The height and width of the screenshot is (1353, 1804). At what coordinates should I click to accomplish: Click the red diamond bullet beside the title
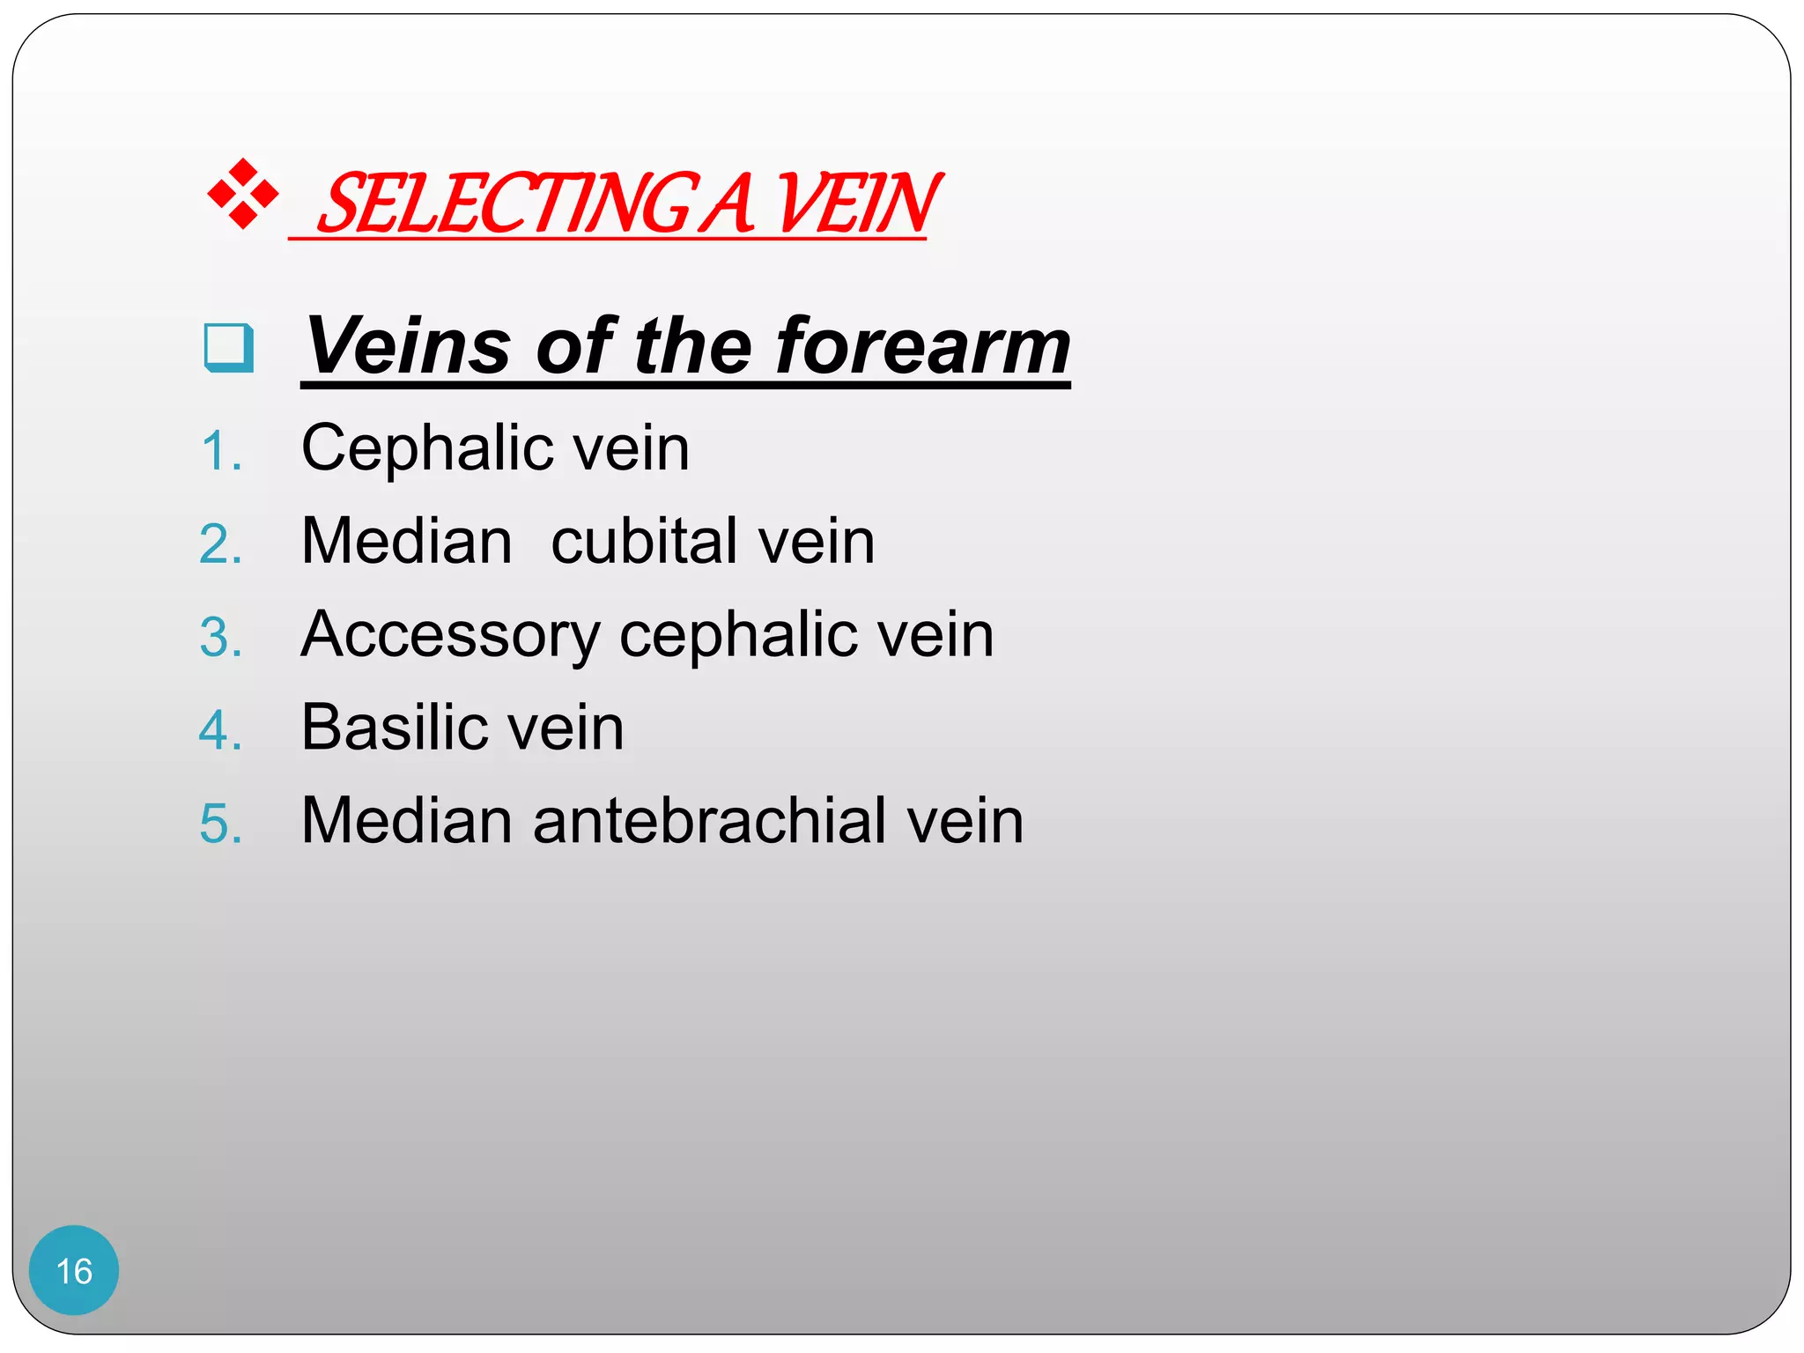(242, 194)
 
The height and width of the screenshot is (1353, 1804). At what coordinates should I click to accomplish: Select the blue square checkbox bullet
(229, 348)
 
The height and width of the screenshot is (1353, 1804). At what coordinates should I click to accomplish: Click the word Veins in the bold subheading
(408, 345)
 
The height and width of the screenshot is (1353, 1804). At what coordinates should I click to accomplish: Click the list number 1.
(220, 452)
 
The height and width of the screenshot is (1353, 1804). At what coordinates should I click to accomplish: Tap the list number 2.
(220, 544)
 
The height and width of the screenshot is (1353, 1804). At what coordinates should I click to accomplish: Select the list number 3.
(220, 638)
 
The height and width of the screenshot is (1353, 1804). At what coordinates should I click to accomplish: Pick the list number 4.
(220, 731)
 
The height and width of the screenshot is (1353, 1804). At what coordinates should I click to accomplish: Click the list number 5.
(220, 824)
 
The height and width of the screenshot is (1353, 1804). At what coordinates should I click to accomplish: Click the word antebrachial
(710, 821)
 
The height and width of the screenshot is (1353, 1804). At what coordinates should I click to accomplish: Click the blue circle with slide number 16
(74, 1270)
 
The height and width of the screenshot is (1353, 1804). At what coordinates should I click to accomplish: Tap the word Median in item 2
(406, 541)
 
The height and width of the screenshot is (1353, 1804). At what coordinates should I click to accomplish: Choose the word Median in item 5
(406, 821)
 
